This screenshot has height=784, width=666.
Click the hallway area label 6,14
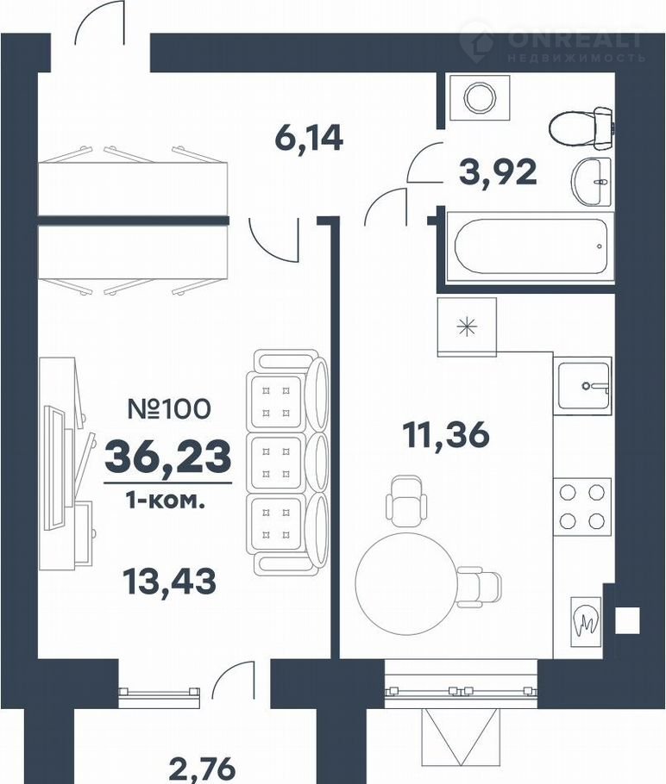(x=309, y=138)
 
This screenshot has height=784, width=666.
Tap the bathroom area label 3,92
(x=499, y=172)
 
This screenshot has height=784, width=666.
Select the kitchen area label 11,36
(x=446, y=433)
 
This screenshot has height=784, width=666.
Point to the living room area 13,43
(x=170, y=582)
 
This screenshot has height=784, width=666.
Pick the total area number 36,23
(x=168, y=457)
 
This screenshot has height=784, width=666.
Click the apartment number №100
(x=169, y=409)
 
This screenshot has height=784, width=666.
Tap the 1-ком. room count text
(x=166, y=501)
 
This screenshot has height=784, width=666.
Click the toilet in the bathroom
(x=581, y=128)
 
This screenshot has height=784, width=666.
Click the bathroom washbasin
(x=592, y=181)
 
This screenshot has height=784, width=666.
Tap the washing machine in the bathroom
(x=479, y=97)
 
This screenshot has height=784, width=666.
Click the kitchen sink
(x=582, y=385)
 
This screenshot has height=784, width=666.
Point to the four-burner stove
(x=581, y=507)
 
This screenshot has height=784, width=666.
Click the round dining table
(x=405, y=583)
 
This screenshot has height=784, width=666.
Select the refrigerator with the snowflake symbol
(x=467, y=327)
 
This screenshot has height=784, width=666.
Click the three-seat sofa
(x=287, y=461)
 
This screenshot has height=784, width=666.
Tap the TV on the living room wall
(x=54, y=468)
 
